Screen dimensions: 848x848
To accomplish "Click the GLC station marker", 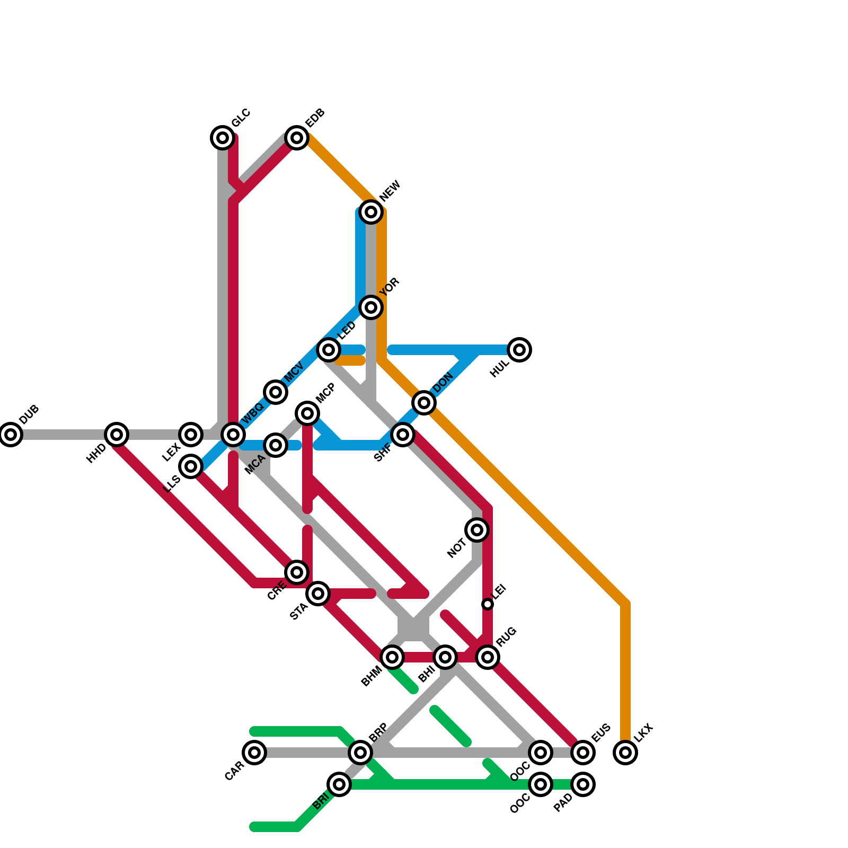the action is pyautogui.click(x=223, y=138).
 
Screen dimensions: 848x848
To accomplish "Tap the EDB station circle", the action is pyautogui.click(x=297, y=138).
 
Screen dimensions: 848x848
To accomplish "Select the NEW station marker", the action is pyautogui.click(x=371, y=212).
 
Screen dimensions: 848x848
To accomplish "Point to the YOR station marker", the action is pyautogui.click(x=371, y=307).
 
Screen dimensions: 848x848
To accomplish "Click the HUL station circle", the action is pyautogui.click(x=519, y=350).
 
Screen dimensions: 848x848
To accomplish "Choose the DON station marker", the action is pyautogui.click(x=424, y=403).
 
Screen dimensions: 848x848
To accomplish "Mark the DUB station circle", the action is pyautogui.click(x=11, y=435).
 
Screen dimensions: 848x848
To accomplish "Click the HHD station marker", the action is pyautogui.click(x=117, y=435).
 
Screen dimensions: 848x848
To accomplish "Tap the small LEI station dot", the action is pyautogui.click(x=488, y=604).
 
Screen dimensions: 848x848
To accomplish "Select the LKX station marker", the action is pyautogui.click(x=625, y=752).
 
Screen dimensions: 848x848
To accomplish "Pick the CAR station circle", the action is pyautogui.click(x=254, y=752).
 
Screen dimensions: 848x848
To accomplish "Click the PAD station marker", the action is pyautogui.click(x=583, y=784).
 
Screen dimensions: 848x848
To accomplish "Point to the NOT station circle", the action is pyautogui.click(x=477, y=529).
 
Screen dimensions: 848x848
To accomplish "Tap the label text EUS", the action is pyautogui.click(x=601, y=732).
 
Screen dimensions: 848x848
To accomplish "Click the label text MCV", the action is pyautogui.click(x=294, y=372).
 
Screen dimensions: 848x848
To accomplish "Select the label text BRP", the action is pyautogui.click(x=378, y=732).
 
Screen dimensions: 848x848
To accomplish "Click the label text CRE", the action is pyautogui.click(x=277, y=590).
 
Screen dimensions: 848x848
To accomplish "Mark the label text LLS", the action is pyautogui.click(x=172, y=483).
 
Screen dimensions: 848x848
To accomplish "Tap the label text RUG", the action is pyautogui.click(x=506, y=637).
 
